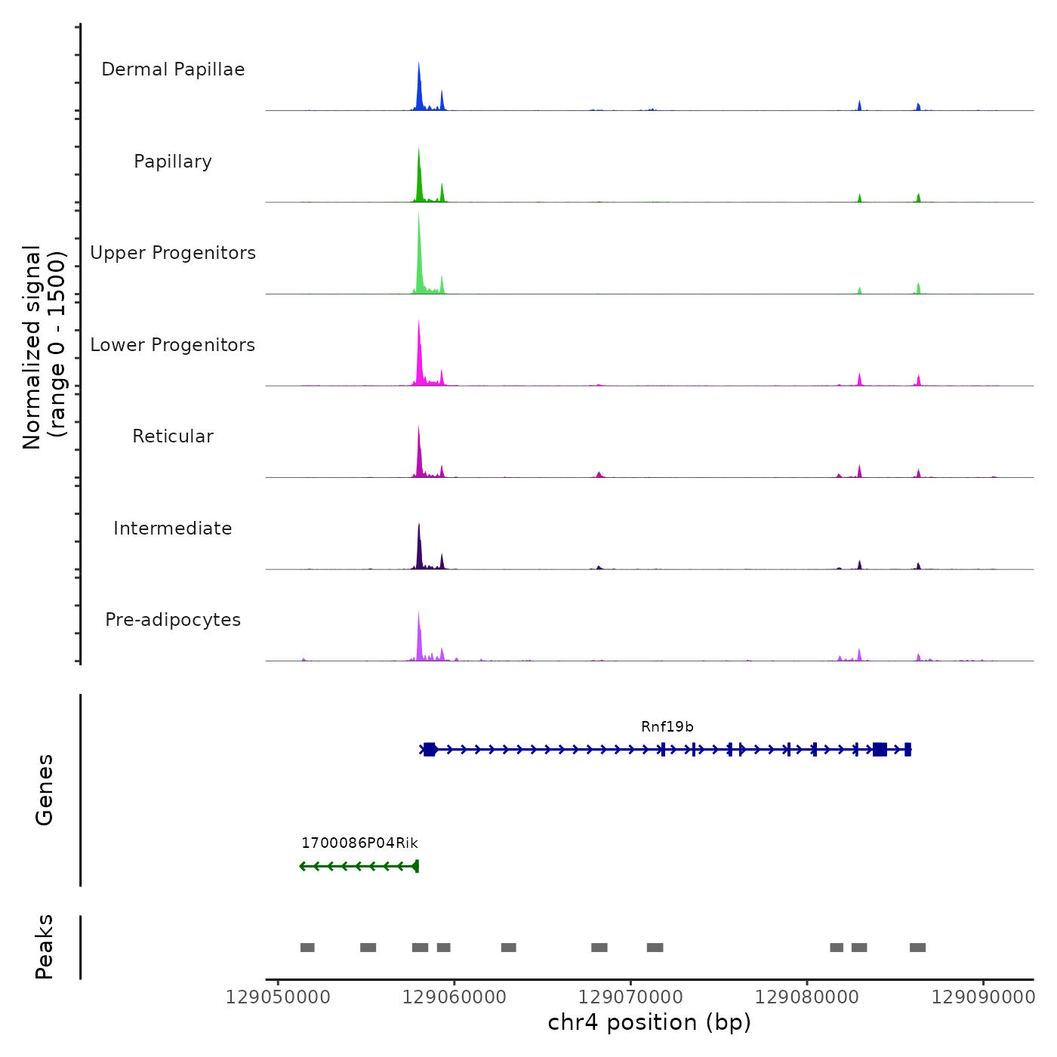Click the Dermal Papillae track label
coord(173,69)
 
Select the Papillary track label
coord(173,162)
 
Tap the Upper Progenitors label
coord(173,253)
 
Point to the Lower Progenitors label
coord(173,345)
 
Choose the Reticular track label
coord(173,436)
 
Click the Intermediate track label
coord(173,528)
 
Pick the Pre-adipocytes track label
coord(173,620)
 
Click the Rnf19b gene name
coord(667,727)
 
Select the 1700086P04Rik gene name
coord(359,843)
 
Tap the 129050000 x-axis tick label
coord(278,997)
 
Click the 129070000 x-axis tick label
coord(630,997)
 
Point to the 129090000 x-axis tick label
coord(983,997)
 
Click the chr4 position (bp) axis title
coord(649,1022)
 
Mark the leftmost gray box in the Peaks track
coord(307,948)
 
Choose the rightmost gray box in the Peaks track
coord(917,948)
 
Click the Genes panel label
coord(45,790)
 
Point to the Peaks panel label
coord(45,947)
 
